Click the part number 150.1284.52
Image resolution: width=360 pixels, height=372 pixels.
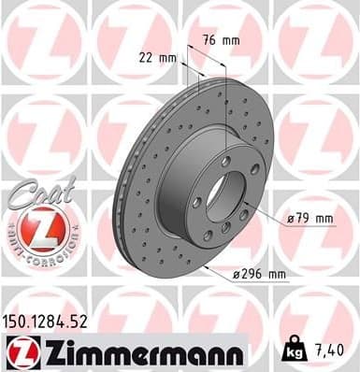53,321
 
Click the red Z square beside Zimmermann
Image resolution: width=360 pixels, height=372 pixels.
19,351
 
